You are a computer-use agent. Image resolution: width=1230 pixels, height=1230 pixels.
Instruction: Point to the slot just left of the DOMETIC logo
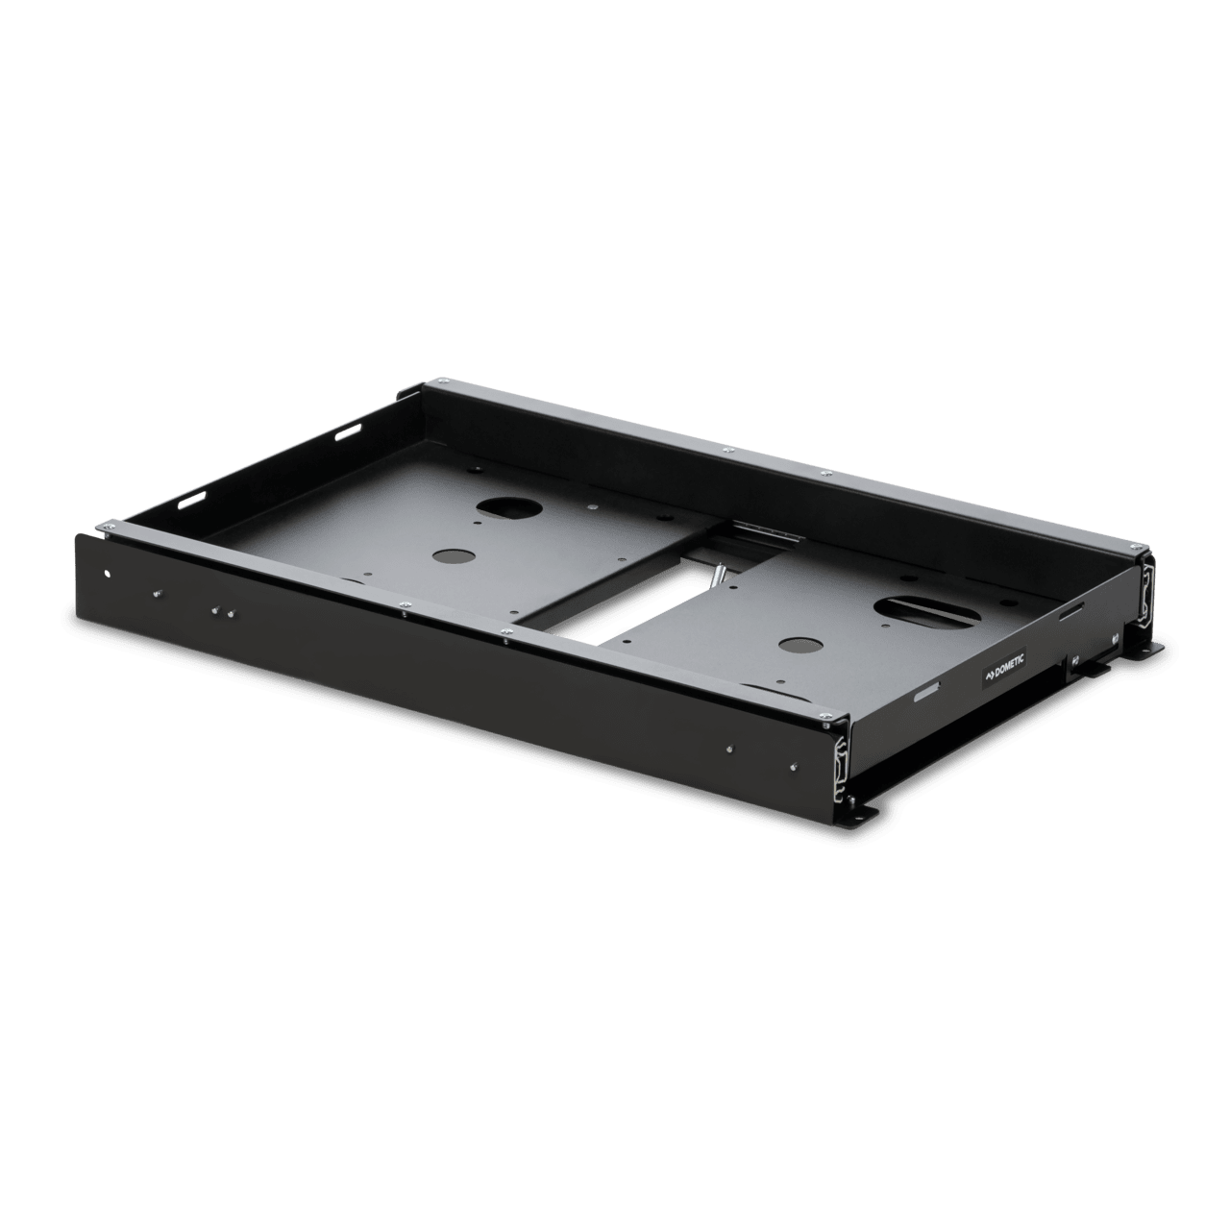pyautogui.click(x=927, y=694)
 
